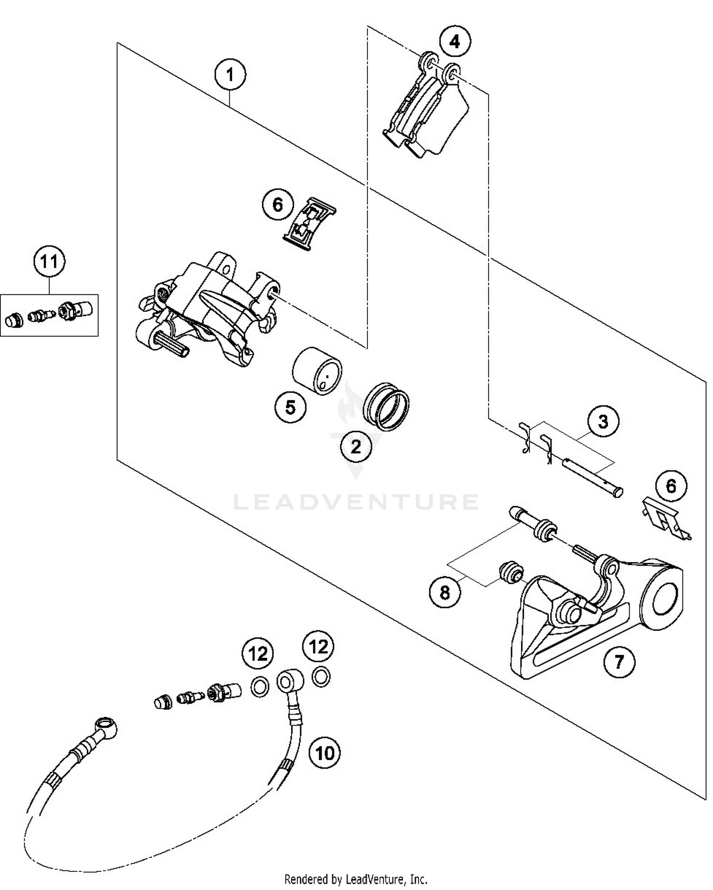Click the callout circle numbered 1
tap(230, 75)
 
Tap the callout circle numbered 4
tap(454, 42)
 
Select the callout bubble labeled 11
tap(49, 262)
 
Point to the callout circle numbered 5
tap(290, 407)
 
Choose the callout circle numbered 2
tap(356, 446)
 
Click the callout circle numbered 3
tap(603, 422)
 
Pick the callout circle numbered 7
tap(618, 661)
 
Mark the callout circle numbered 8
tap(445, 592)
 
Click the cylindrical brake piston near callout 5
tap(317, 370)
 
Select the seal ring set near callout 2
tap(386, 406)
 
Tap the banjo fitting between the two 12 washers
tap(288, 682)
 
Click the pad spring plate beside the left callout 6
tap(310, 223)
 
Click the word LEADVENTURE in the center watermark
tap(356, 502)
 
